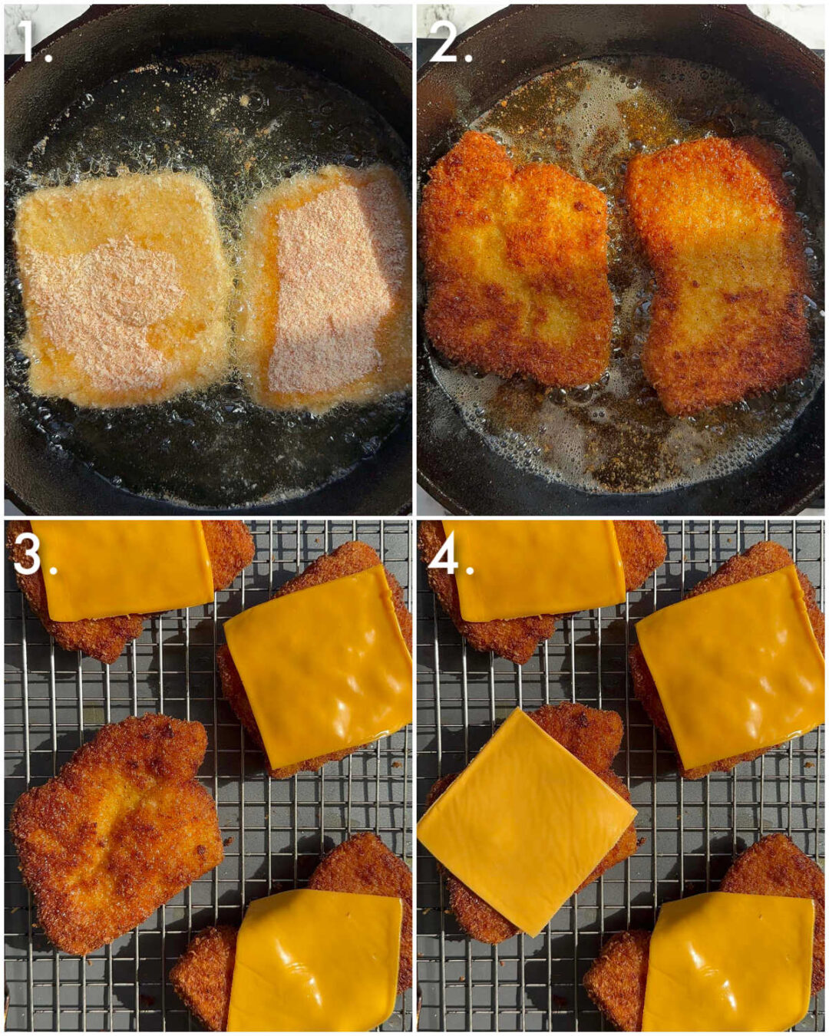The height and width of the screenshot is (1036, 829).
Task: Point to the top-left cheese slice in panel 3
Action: click(x=123, y=568)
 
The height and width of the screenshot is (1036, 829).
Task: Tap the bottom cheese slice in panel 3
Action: click(x=315, y=959)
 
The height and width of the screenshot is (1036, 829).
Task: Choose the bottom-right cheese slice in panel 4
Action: click(x=729, y=963)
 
